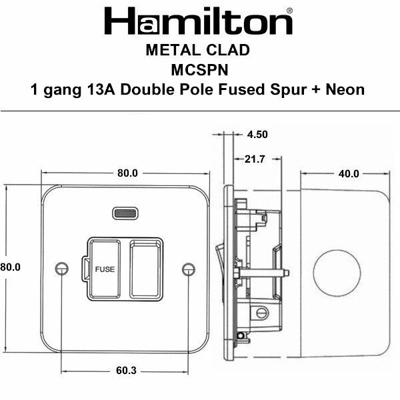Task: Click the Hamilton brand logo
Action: tap(197, 22)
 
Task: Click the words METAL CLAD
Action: tap(198, 51)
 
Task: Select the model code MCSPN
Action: tap(198, 70)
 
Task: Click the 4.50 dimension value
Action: tap(257, 134)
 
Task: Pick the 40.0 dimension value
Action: tap(347, 174)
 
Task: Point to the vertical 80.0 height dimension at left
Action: tap(10, 267)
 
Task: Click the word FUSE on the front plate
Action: tap(105, 269)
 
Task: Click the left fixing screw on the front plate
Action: tap(63, 268)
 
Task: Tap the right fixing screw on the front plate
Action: tap(188, 268)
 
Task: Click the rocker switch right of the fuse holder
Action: tap(146, 268)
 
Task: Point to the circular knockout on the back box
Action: tap(337, 265)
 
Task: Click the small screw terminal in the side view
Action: tap(261, 311)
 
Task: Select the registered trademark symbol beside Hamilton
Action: tap(289, 10)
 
